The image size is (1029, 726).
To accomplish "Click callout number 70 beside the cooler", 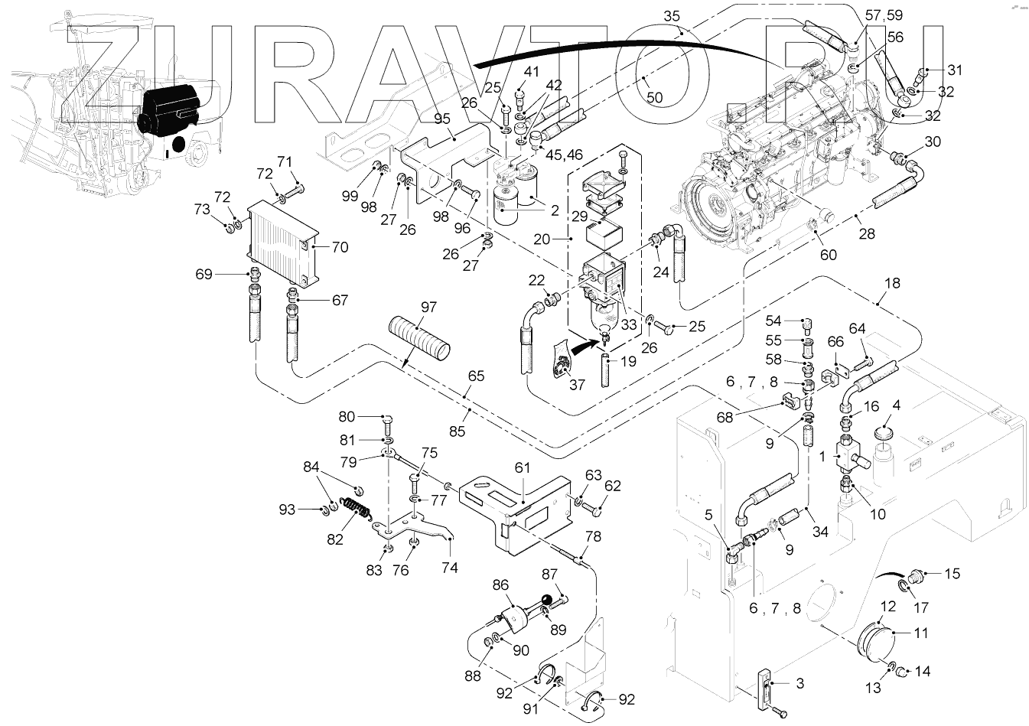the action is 340,247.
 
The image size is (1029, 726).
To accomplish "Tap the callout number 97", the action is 428,307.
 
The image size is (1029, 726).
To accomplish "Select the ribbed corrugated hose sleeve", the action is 419,338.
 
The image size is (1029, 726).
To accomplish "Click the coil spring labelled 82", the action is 357,510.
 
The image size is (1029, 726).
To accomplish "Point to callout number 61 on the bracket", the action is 523,467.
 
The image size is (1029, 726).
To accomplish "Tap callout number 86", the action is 500,585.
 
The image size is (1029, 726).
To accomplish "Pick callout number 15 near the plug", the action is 952,574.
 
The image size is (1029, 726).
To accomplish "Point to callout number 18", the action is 892,283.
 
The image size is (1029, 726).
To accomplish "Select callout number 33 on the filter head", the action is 629,324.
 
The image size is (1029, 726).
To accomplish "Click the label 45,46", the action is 563,155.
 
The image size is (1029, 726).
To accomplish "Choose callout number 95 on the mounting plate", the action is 442,119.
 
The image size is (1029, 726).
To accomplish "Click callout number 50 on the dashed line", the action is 655,97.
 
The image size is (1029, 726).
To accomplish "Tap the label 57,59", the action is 884,15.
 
